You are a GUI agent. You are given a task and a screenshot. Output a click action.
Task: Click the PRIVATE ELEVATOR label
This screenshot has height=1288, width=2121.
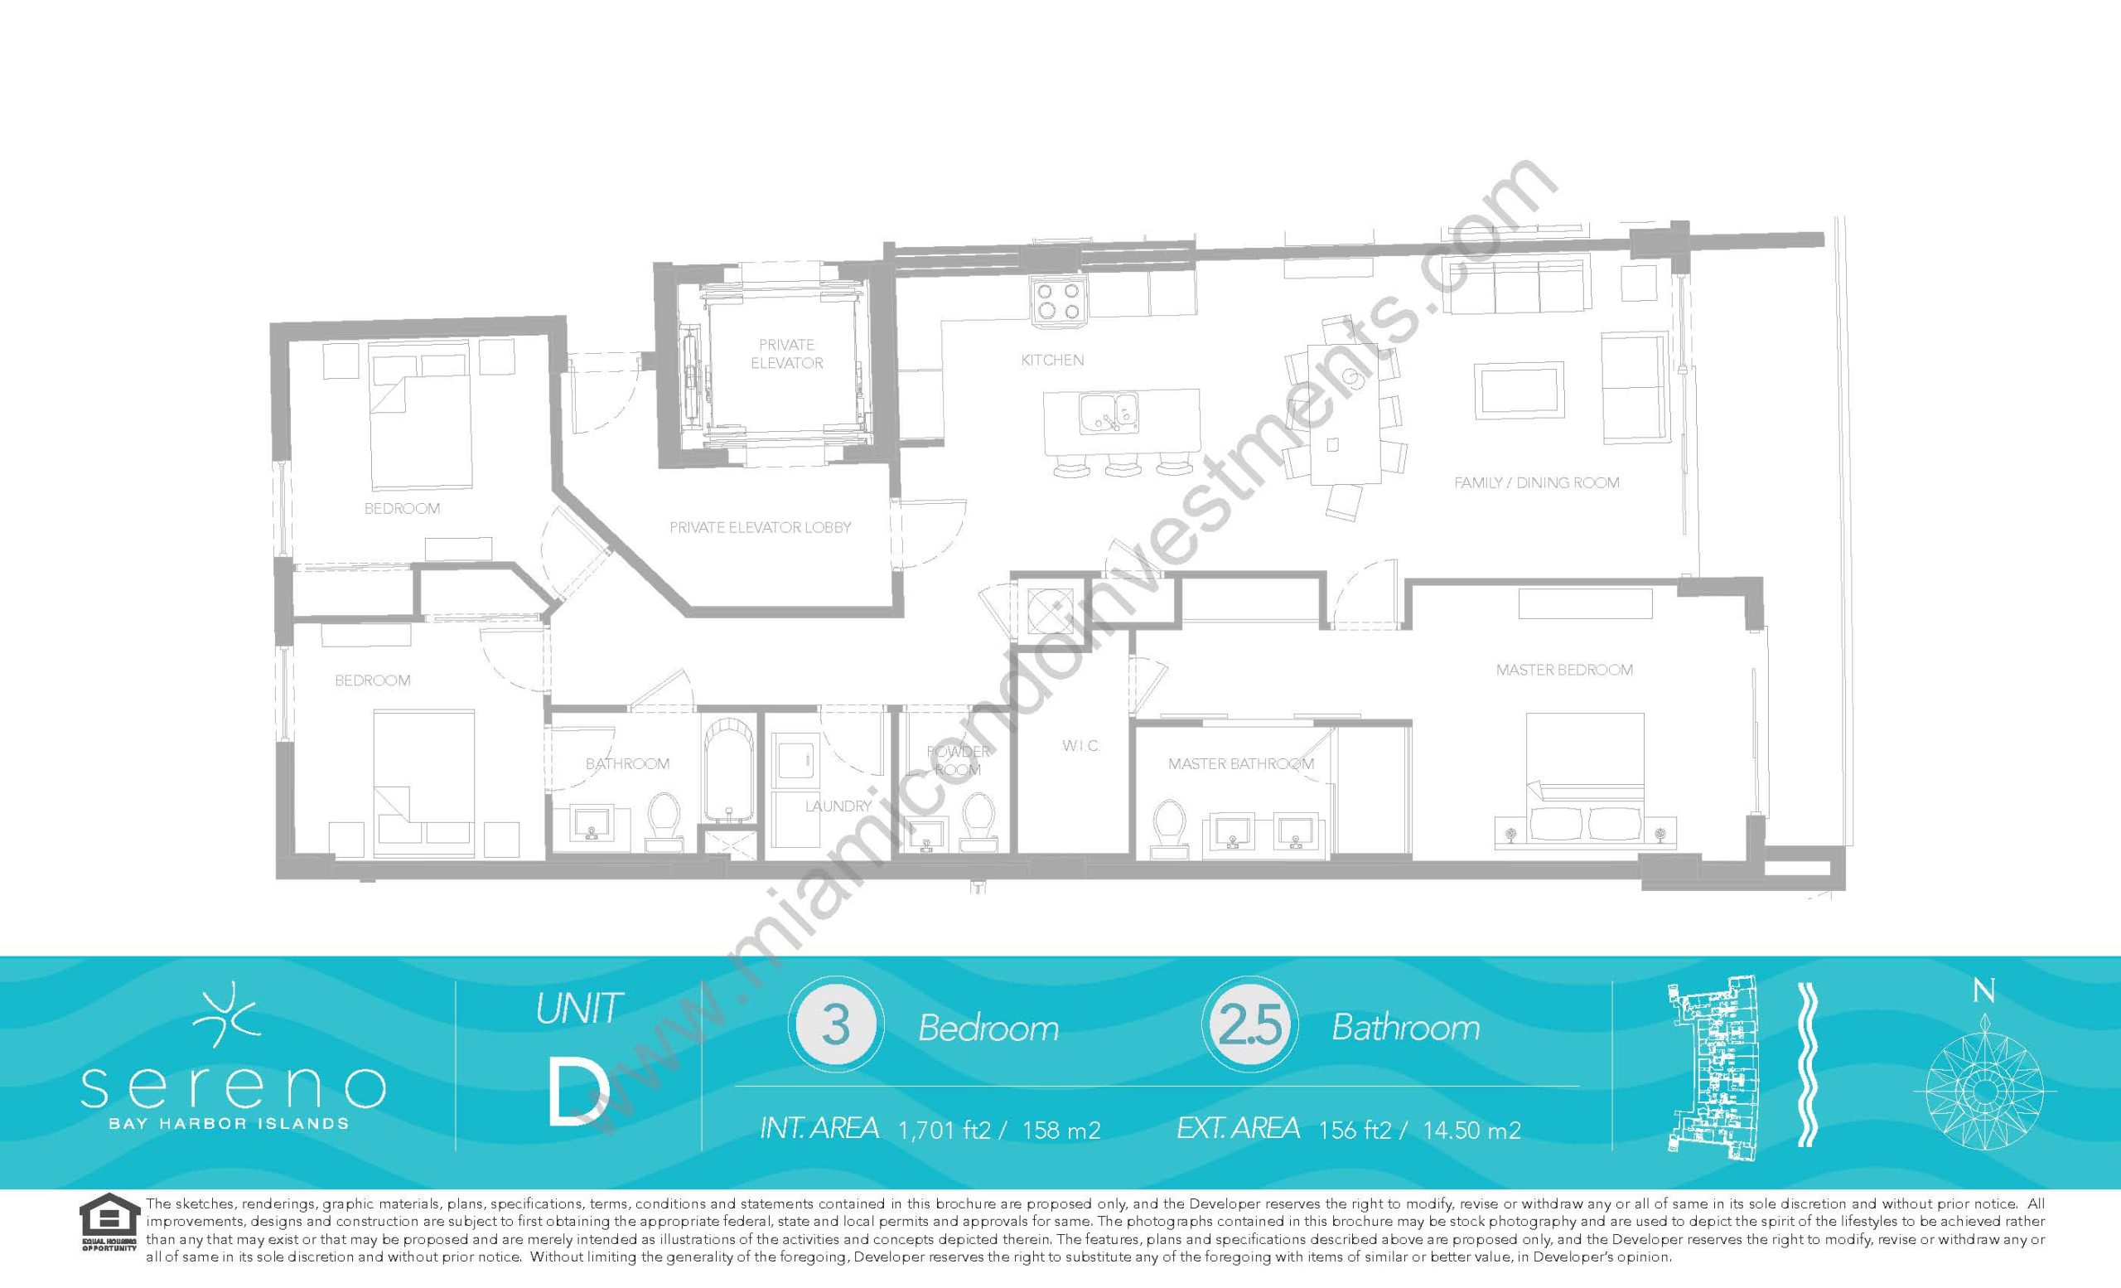click(x=787, y=354)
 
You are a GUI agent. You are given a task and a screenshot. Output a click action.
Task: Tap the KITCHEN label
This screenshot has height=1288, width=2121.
click(x=1052, y=360)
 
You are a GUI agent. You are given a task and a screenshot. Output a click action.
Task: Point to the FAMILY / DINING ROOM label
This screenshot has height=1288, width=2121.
click(x=1537, y=483)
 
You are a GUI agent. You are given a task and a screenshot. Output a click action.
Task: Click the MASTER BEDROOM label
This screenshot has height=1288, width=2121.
click(x=1564, y=670)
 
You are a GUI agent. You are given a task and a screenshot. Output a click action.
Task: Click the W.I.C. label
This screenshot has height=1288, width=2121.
click(x=1080, y=746)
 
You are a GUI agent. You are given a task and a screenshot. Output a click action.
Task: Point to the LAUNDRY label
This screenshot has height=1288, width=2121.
click(x=838, y=806)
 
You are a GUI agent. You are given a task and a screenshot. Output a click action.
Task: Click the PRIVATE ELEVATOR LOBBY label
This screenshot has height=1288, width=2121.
click(x=760, y=527)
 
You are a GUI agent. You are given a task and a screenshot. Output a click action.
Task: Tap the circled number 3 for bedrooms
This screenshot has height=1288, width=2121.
click(x=836, y=1026)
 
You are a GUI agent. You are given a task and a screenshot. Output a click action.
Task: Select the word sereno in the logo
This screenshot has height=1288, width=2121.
click(x=233, y=1088)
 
